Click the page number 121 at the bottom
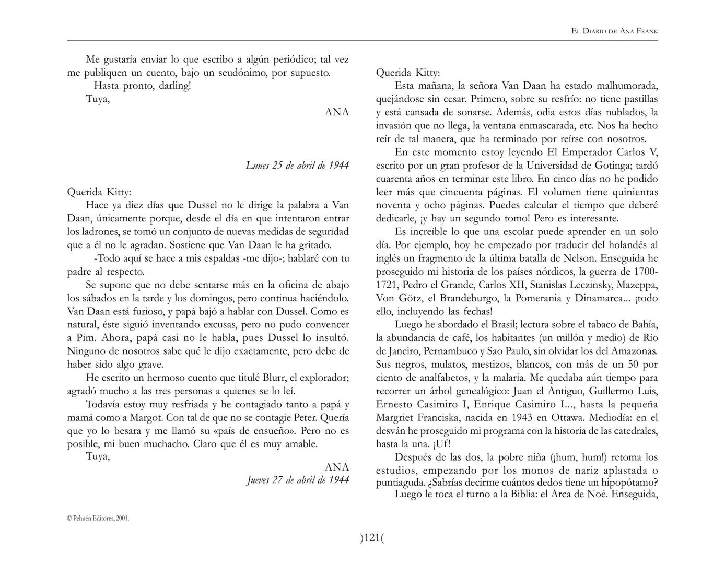[x=371, y=537]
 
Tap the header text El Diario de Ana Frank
[x=614, y=31]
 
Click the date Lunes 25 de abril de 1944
[x=297, y=166]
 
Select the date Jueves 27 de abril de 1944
[x=298, y=480]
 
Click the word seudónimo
[x=236, y=73]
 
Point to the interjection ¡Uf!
[x=441, y=444]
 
